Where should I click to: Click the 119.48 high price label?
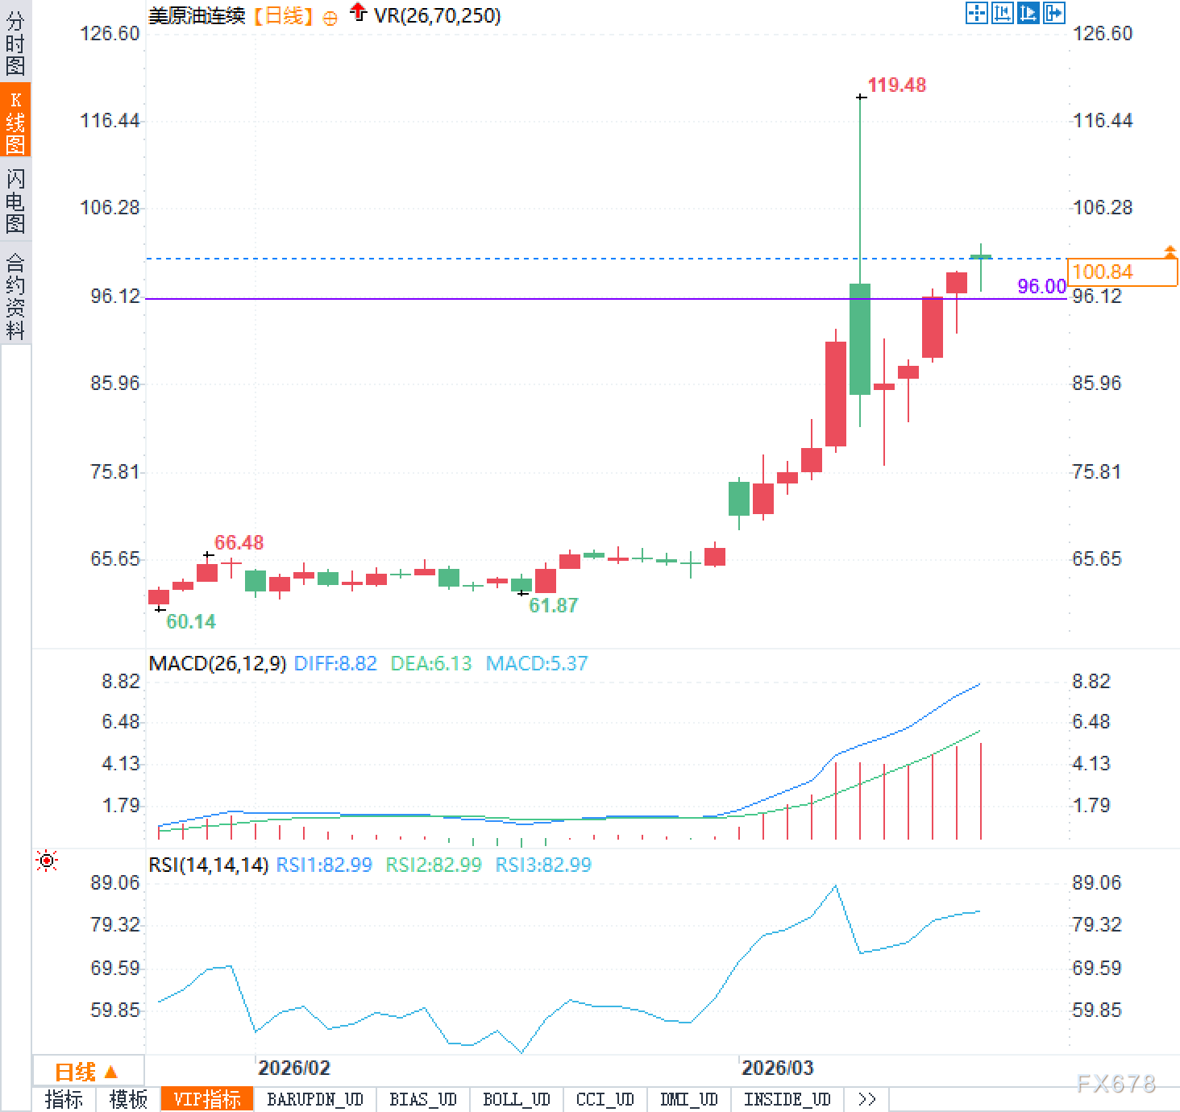tap(896, 85)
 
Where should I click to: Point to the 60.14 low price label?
tap(191, 621)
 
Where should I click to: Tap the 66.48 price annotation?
tap(239, 542)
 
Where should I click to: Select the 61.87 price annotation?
tap(553, 605)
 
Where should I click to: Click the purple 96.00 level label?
tap(1041, 286)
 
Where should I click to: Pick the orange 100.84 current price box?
tap(1121, 272)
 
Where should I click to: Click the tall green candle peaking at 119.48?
tap(860, 338)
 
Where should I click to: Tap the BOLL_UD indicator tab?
tap(516, 1099)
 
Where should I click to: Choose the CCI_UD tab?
tap(605, 1099)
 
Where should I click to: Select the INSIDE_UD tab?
tap(787, 1099)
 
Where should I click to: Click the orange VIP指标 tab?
tap(207, 1099)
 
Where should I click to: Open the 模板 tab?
tap(128, 1099)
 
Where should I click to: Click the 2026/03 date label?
tap(777, 1068)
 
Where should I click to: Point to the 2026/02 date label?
tap(293, 1068)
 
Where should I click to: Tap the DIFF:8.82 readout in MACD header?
tap(335, 663)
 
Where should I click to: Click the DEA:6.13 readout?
tap(430, 663)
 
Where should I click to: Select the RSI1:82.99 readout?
tap(324, 865)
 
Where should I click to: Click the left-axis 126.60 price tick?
tap(110, 33)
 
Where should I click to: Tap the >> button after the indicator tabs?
tap(866, 1099)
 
